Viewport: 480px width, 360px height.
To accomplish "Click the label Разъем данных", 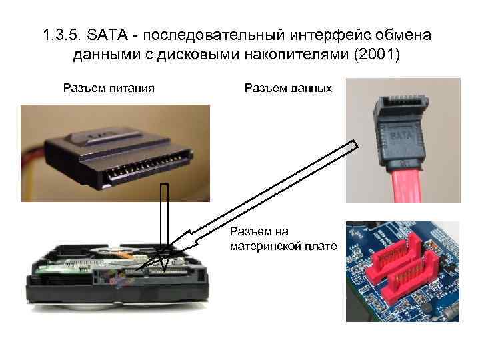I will (288, 87).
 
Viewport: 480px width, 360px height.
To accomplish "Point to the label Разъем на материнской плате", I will (282, 239).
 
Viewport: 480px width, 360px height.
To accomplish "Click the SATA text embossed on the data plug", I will (398, 136).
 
